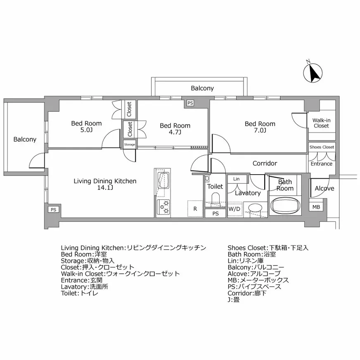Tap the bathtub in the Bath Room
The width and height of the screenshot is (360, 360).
click(285, 205)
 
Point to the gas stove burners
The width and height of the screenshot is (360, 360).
click(164, 207)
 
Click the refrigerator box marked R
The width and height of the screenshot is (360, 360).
click(195, 209)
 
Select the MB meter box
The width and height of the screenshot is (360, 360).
click(316, 207)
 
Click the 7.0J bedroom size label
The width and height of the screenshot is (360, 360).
click(260, 131)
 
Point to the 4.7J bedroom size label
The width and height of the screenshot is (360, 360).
click(175, 133)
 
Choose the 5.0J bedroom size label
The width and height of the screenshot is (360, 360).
click(86, 130)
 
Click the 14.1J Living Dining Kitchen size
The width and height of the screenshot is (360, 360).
click(105, 188)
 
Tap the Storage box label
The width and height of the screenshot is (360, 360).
click(130, 144)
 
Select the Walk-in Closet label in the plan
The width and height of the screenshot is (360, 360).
click(321, 123)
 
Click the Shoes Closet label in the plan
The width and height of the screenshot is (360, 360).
click(322, 147)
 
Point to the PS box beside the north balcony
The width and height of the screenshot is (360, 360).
click(189, 103)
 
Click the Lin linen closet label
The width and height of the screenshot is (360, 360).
click(236, 179)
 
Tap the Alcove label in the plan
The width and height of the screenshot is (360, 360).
click(324, 189)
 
